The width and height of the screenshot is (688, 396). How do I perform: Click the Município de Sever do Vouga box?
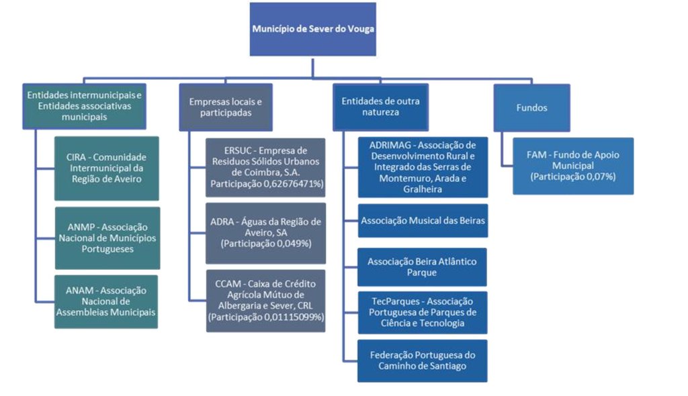coord(312,30)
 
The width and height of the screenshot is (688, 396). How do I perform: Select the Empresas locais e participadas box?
coord(226,107)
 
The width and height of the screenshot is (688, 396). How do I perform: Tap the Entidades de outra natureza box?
coord(381,107)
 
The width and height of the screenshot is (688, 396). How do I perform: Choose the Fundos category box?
coord(531,107)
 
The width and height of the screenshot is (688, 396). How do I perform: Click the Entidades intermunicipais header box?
coord(84,106)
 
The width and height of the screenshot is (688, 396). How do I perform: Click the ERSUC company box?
coord(265,167)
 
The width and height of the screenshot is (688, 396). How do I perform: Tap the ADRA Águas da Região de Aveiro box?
coord(265,232)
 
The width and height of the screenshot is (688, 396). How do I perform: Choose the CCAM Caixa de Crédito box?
coord(265,300)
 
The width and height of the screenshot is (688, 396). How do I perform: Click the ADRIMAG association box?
coord(423,167)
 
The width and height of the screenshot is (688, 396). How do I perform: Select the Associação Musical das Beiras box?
coord(423,220)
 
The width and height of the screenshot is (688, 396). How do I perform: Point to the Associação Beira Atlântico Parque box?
coord(423,266)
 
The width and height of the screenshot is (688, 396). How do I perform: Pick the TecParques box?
coord(423,312)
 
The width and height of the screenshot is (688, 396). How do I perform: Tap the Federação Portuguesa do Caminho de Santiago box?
coord(423,360)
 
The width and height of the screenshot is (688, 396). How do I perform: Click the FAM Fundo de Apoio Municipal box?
coord(572,166)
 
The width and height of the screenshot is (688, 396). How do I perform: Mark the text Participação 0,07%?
coord(572,177)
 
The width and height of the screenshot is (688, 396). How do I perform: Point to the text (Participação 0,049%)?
coord(265,244)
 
